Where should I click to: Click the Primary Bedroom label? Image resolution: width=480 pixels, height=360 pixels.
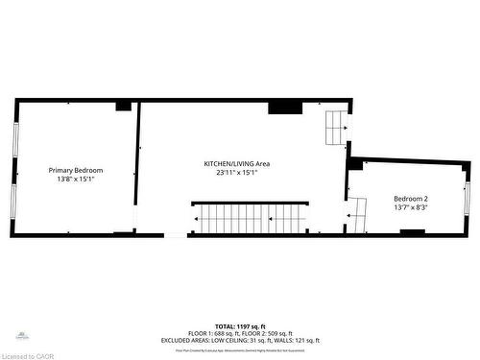click(x=76, y=170)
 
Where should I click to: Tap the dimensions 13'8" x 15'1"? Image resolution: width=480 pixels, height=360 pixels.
click(x=76, y=179)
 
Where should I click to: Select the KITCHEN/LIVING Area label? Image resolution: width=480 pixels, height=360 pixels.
click(x=236, y=163)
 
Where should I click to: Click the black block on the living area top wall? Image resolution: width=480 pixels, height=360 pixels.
click(x=284, y=107)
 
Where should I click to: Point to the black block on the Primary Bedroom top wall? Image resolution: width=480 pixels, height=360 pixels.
click(x=123, y=105)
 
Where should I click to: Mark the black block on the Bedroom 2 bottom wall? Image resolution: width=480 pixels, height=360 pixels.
click(x=412, y=231)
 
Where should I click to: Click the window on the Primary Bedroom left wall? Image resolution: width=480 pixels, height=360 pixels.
click(x=14, y=154)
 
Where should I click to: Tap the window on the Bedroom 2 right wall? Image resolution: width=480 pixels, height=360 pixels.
click(x=468, y=200)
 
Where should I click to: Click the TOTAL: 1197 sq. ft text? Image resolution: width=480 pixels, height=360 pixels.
click(x=240, y=326)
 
